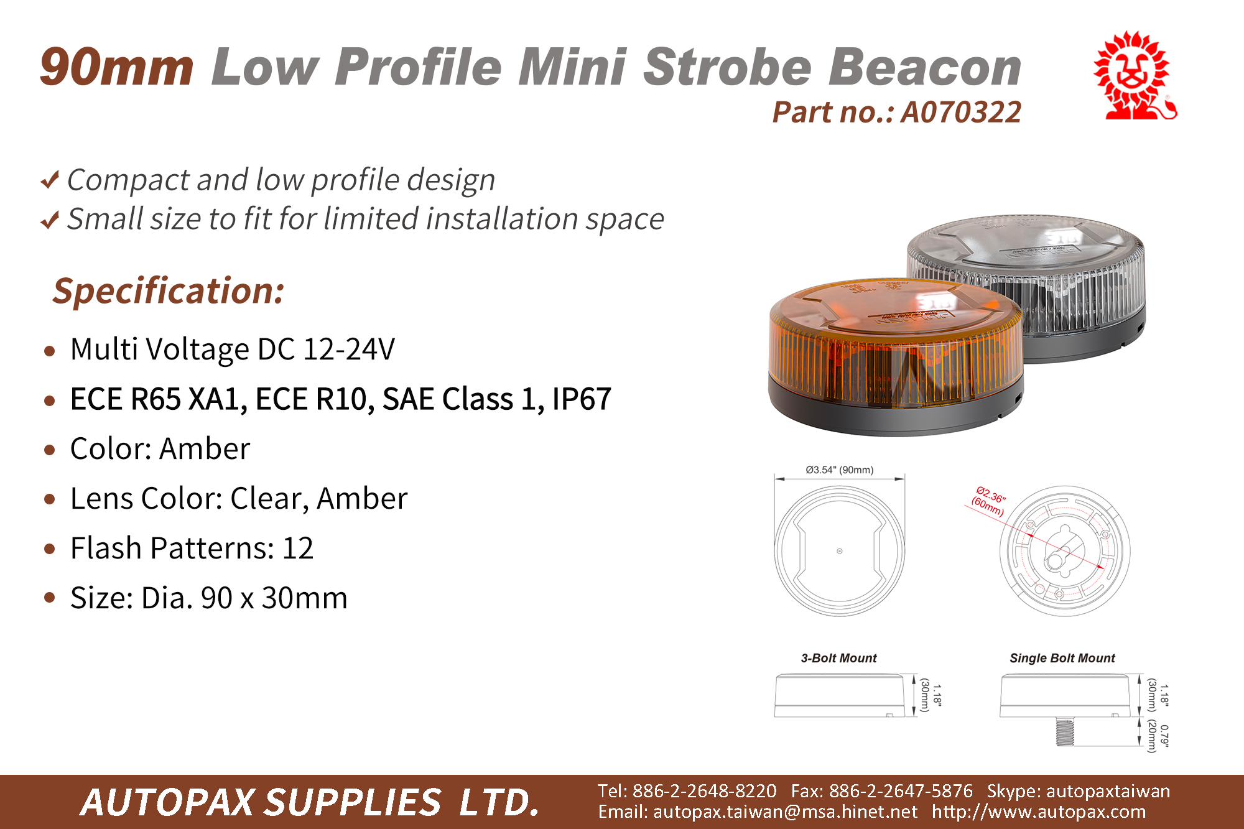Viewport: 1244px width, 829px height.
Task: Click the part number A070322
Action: [961, 113]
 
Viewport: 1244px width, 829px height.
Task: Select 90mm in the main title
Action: [117, 67]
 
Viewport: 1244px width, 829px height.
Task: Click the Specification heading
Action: [169, 290]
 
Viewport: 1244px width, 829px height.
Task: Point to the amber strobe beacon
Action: [896, 356]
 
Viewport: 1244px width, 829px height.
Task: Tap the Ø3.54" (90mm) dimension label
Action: [840, 470]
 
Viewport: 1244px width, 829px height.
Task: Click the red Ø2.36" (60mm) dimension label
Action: [988, 501]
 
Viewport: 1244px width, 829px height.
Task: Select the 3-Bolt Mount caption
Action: [838, 658]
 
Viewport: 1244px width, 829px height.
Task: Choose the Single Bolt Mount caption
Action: [1062, 658]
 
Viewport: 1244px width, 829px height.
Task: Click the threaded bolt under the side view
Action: [1064, 731]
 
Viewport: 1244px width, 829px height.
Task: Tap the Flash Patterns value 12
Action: [298, 548]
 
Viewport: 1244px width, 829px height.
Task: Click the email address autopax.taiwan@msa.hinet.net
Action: [785, 812]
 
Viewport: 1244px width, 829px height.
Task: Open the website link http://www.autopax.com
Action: [1039, 812]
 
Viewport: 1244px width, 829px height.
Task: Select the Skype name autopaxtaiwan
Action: [1108, 791]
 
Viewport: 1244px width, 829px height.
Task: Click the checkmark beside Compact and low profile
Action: [50, 180]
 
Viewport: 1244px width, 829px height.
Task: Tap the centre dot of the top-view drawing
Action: [840, 551]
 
